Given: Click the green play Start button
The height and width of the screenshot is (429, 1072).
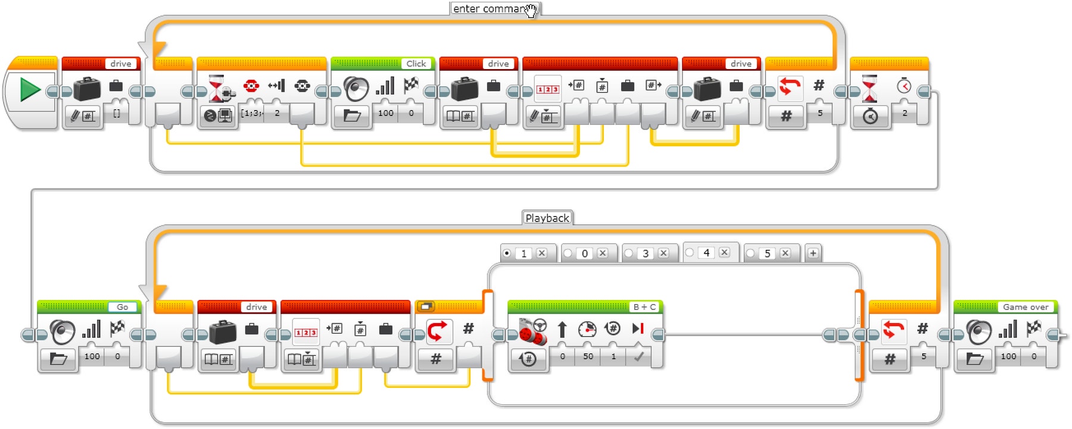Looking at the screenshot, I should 30,90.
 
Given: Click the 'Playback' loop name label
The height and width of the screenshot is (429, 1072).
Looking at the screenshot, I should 547,218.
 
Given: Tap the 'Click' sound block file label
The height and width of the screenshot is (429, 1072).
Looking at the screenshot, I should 416,64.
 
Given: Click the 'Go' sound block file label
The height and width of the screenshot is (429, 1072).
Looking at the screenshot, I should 122,307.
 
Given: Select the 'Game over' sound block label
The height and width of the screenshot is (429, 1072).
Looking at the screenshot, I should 1025,307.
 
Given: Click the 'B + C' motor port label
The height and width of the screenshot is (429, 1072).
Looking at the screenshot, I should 644,307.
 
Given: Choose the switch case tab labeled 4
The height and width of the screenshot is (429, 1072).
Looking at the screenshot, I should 706,253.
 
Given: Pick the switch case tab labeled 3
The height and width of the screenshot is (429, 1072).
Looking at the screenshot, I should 646,253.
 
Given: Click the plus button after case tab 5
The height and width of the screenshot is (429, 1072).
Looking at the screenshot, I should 813,253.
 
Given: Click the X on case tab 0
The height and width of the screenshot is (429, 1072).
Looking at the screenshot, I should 603,253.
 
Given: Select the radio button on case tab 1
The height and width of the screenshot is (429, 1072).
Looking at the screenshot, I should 507,253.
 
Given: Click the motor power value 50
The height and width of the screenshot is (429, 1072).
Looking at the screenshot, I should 588,356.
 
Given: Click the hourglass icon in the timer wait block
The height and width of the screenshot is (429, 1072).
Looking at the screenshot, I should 870,88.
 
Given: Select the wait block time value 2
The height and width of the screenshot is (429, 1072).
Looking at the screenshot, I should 905,113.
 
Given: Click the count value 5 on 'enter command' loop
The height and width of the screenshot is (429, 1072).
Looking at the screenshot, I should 820,113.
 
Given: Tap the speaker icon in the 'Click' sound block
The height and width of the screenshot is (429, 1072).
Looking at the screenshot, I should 356,89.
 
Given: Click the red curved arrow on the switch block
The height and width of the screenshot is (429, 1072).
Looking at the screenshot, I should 438,331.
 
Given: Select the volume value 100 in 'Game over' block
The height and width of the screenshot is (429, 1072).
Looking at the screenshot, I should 1008,356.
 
